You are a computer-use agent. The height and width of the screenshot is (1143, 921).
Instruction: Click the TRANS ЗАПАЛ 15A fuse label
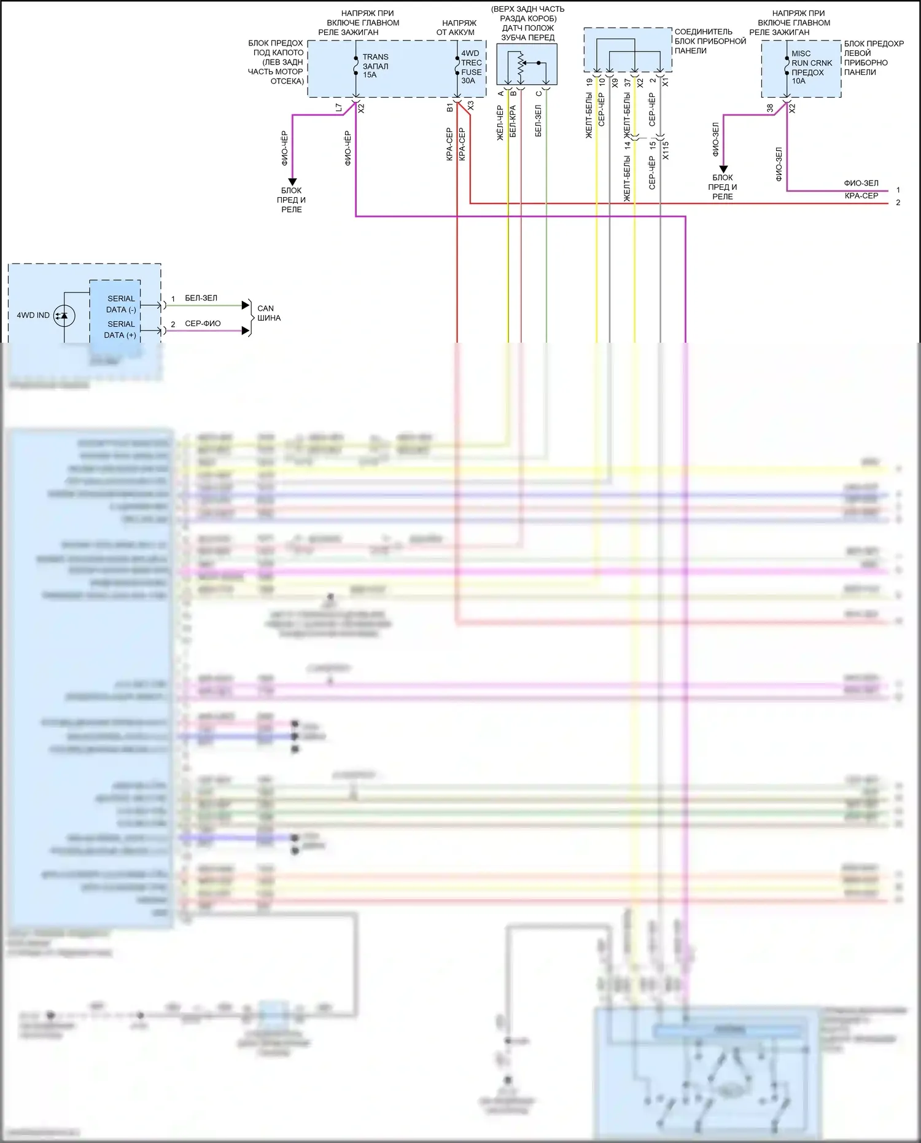[375, 66]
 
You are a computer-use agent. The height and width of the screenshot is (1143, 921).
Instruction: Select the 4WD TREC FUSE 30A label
[471, 67]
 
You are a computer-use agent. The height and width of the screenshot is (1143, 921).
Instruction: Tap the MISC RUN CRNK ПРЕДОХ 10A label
[811, 67]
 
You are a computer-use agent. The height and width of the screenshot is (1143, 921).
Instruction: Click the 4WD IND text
[33, 316]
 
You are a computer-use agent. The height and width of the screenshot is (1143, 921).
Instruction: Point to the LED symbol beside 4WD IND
[63, 316]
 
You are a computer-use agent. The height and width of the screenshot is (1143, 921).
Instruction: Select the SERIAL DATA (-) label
[121, 304]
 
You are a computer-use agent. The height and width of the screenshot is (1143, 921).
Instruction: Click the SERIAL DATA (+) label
[120, 329]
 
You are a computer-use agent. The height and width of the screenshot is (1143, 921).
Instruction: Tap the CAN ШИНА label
[268, 313]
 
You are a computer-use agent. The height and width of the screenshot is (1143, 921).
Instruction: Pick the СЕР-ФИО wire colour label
[203, 324]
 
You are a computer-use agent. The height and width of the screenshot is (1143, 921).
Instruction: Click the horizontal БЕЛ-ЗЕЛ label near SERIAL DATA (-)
[201, 298]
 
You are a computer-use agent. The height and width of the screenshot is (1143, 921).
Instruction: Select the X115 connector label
[666, 150]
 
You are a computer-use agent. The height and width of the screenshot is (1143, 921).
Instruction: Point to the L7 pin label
[339, 108]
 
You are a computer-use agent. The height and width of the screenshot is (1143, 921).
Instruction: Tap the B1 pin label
[450, 108]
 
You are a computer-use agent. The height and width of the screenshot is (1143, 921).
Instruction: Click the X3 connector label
[470, 106]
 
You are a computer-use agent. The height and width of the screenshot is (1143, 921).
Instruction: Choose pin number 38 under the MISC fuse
[770, 108]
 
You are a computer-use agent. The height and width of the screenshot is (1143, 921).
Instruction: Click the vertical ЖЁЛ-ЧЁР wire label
[500, 123]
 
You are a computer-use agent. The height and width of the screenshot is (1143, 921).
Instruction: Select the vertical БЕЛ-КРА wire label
[513, 121]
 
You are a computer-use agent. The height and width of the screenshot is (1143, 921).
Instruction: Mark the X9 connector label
[615, 81]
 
